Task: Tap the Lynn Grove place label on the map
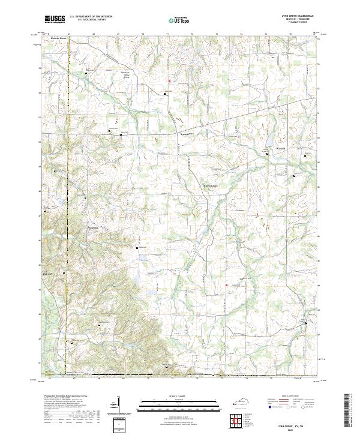point(189,134)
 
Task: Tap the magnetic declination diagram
point(114,405)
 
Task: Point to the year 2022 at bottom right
point(295,430)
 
